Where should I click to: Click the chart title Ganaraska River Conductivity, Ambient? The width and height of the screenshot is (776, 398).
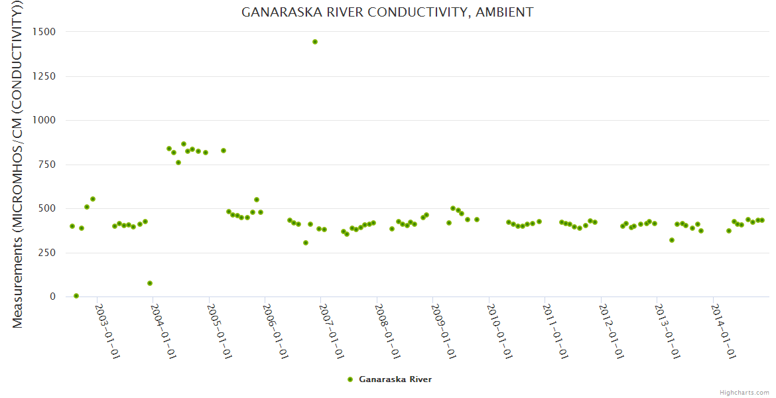387,12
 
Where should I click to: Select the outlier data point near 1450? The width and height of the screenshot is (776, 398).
315,42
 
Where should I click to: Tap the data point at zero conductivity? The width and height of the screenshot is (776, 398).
76,296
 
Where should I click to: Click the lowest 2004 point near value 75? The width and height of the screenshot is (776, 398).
150,283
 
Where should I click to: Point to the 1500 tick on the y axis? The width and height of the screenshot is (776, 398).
46,32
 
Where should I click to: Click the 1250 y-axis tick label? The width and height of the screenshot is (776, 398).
46,76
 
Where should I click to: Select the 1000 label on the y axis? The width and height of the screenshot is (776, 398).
46,120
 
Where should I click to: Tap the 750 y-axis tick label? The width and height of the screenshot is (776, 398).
49,165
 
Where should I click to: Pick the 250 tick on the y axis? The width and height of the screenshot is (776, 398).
49,253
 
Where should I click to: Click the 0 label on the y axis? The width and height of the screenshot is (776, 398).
52,297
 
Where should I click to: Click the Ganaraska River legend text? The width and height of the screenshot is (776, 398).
395,379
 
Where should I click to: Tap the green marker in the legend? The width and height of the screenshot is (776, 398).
350,379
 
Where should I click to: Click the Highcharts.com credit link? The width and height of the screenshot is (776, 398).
744,393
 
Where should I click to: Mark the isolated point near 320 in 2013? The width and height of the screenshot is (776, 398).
672,240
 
